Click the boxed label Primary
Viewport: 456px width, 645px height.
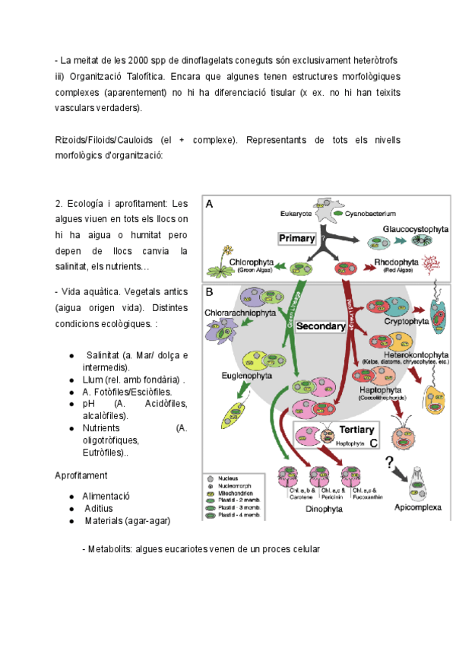point(296,239)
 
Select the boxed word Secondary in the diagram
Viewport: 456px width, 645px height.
point(320,326)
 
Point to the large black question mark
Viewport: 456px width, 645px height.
point(389,463)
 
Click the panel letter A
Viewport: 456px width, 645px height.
point(210,204)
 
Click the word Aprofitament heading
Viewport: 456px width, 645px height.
point(81,475)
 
